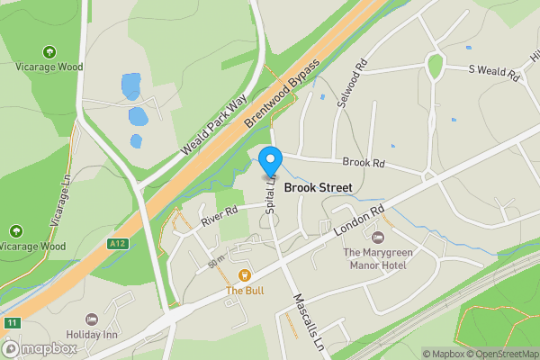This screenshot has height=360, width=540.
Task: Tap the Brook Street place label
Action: coord(318,188)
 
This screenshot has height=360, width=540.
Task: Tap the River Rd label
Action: coord(219,215)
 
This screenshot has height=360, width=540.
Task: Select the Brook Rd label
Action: coord(364,163)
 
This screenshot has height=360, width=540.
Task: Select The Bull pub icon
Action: coord(242,275)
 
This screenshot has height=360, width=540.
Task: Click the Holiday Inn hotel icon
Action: coord(91,319)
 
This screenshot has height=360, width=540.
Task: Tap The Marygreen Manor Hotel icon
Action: coord(377,237)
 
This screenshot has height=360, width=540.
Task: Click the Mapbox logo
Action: coord(40,348)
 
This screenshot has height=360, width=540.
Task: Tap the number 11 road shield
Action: coord(11,323)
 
